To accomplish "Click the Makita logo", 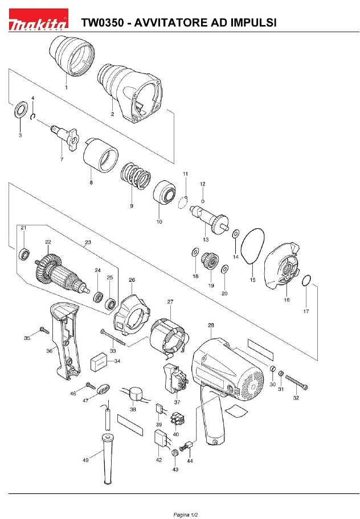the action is pos(38,20).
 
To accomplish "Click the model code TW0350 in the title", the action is pos(103,23).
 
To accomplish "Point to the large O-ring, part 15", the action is pos(253,246).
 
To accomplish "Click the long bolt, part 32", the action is pos(296,382).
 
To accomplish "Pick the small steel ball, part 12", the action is pos(203,201).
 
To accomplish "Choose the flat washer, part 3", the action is pos(21,110).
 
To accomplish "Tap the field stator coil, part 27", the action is pos(169,339).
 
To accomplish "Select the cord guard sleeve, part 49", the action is pos(108,458).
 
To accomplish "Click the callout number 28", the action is pos(211,326).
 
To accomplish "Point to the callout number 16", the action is pos(287,299).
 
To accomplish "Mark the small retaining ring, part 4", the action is pos(33,117).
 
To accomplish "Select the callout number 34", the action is pos(117,361).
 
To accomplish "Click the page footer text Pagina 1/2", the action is pos(186,514).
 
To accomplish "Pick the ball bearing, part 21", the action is pos(24,254).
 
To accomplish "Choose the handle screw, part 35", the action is pos(44,330).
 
